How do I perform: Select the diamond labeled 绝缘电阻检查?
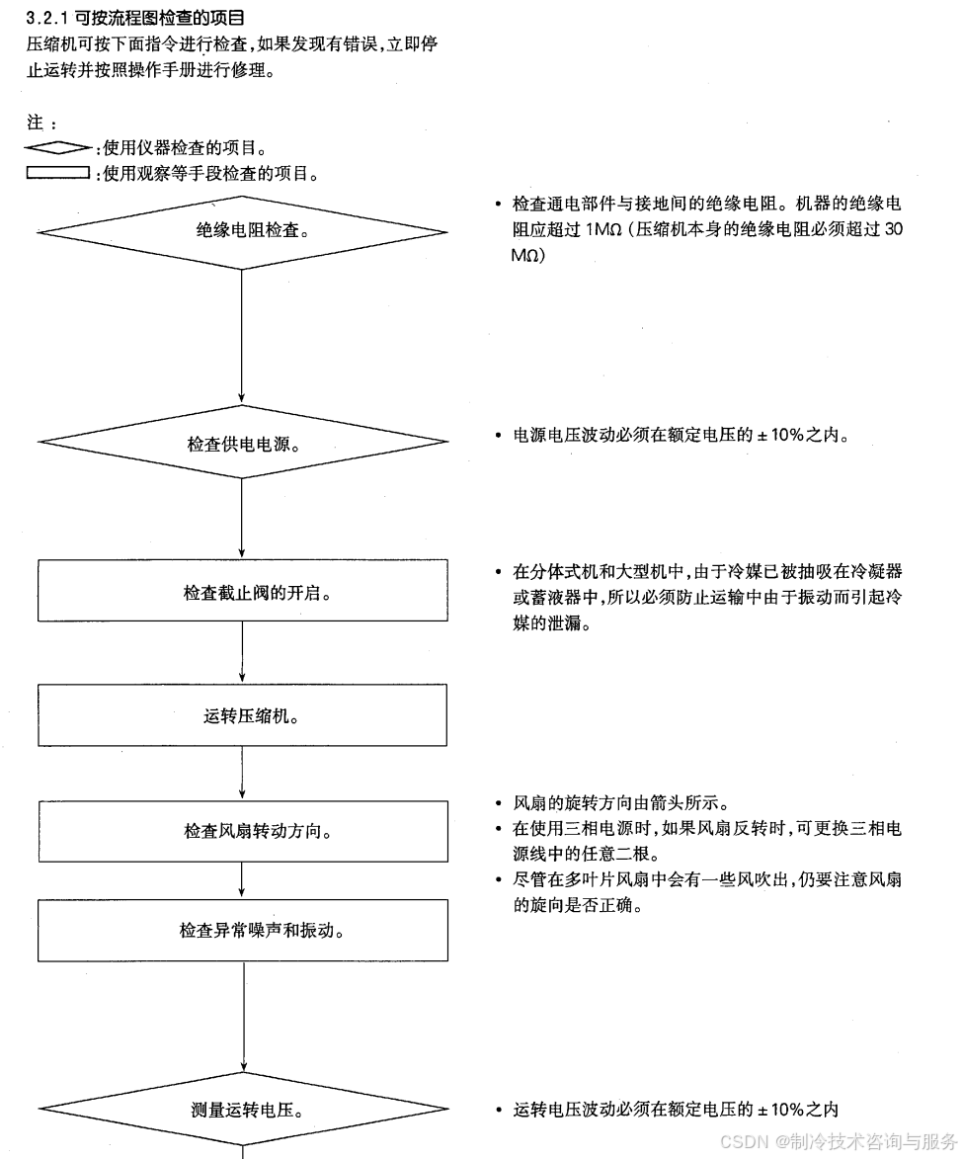pyautogui.click(x=242, y=232)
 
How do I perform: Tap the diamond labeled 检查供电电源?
pyautogui.click(x=242, y=443)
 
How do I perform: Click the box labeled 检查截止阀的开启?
pyautogui.click(x=242, y=591)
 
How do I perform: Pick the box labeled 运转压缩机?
pyautogui.click(x=242, y=715)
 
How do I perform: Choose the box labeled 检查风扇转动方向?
pyautogui.click(x=242, y=831)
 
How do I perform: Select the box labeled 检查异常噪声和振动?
pyautogui.click(x=242, y=930)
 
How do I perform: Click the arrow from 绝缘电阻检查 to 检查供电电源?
pyautogui.click(x=242, y=336)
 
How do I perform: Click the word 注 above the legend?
pyautogui.click(x=36, y=123)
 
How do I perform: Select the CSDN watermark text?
pyautogui.click(x=838, y=1141)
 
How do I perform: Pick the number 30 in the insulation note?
pyautogui.click(x=893, y=229)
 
